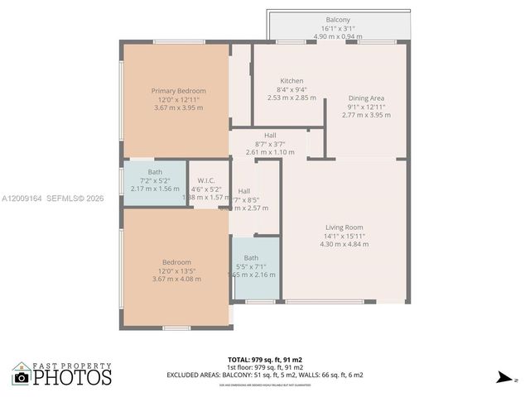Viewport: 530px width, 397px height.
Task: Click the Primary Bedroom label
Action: point(178,90)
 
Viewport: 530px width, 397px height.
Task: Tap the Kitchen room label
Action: point(292,80)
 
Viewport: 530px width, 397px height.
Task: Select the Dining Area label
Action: point(365,98)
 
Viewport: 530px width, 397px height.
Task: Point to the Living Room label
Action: point(343,227)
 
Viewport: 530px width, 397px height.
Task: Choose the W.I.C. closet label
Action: point(206,180)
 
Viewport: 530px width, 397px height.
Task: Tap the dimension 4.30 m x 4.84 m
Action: point(343,244)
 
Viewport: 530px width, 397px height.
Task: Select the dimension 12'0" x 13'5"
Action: point(176,270)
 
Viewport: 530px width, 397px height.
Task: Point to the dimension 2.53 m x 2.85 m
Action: point(292,98)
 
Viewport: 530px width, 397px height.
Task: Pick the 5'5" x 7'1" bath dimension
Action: point(251,265)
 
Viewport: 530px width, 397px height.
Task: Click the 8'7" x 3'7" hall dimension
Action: point(270,144)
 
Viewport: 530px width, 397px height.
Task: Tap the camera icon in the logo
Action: point(22,377)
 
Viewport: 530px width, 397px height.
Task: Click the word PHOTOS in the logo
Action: point(72,378)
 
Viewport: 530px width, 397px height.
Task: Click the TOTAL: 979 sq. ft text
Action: point(264,359)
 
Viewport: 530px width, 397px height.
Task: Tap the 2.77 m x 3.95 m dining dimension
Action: point(365,115)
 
